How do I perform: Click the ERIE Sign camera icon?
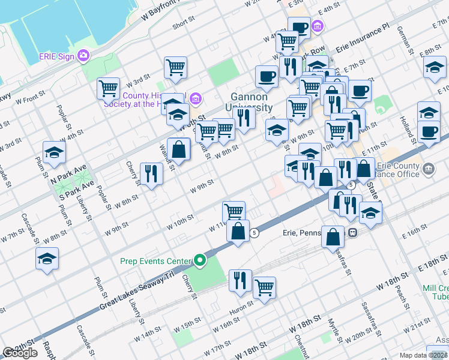(x=83, y=56)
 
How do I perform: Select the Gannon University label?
(x=252, y=102)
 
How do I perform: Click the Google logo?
(x=20, y=353)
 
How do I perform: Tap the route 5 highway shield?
(x=255, y=233)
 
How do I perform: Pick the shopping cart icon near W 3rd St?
(x=108, y=88)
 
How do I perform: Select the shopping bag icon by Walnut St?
(x=179, y=149)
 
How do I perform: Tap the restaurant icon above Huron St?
(x=240, y=280)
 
